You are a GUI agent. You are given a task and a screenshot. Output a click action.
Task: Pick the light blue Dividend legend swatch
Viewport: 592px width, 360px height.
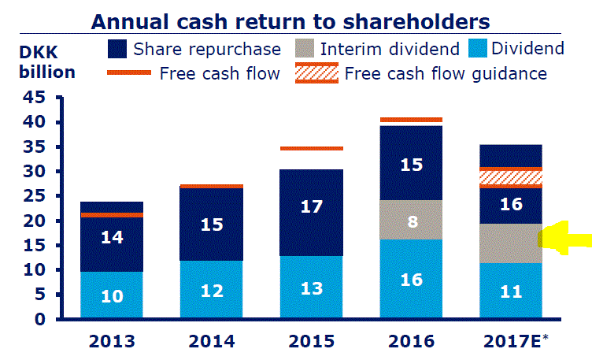pyautogui.click(x=479, y=49)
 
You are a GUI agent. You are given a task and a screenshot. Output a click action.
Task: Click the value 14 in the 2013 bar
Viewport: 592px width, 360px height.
pyautogui.click(x=111, y=236)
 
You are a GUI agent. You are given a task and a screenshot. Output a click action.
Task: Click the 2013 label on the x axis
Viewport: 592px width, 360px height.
pyautogui.click(x=111, y=343)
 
